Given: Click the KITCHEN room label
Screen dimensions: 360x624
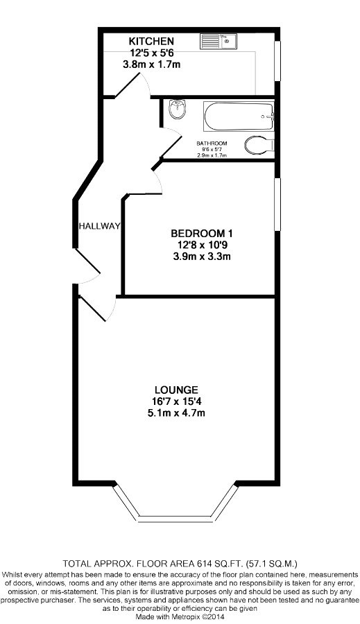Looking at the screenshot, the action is [151, 41].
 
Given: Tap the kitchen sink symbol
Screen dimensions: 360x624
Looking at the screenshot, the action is [218, 42].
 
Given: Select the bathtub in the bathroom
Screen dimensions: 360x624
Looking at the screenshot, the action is [239, 116].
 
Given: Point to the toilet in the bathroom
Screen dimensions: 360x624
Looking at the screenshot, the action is [259, 146].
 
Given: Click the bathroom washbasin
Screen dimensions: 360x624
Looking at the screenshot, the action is [177, 109].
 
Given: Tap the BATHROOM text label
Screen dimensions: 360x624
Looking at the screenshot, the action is [212, 144].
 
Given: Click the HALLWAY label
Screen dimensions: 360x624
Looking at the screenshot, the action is [99, 227].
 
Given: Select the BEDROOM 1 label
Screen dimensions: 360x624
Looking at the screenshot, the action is [202, 233].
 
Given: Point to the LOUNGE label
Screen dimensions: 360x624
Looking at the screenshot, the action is [176, 390].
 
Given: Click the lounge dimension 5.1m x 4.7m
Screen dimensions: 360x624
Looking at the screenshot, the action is [176, 413].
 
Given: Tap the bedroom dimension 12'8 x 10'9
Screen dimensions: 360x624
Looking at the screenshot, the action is [202, 245].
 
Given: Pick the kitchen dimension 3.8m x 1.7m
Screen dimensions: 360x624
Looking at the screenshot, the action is [151, 64].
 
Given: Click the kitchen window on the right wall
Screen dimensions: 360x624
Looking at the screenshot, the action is [277, 61].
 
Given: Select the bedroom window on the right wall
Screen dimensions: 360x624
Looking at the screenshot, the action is [277, 204].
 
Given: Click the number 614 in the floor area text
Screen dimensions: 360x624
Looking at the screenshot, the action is [203, 564].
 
